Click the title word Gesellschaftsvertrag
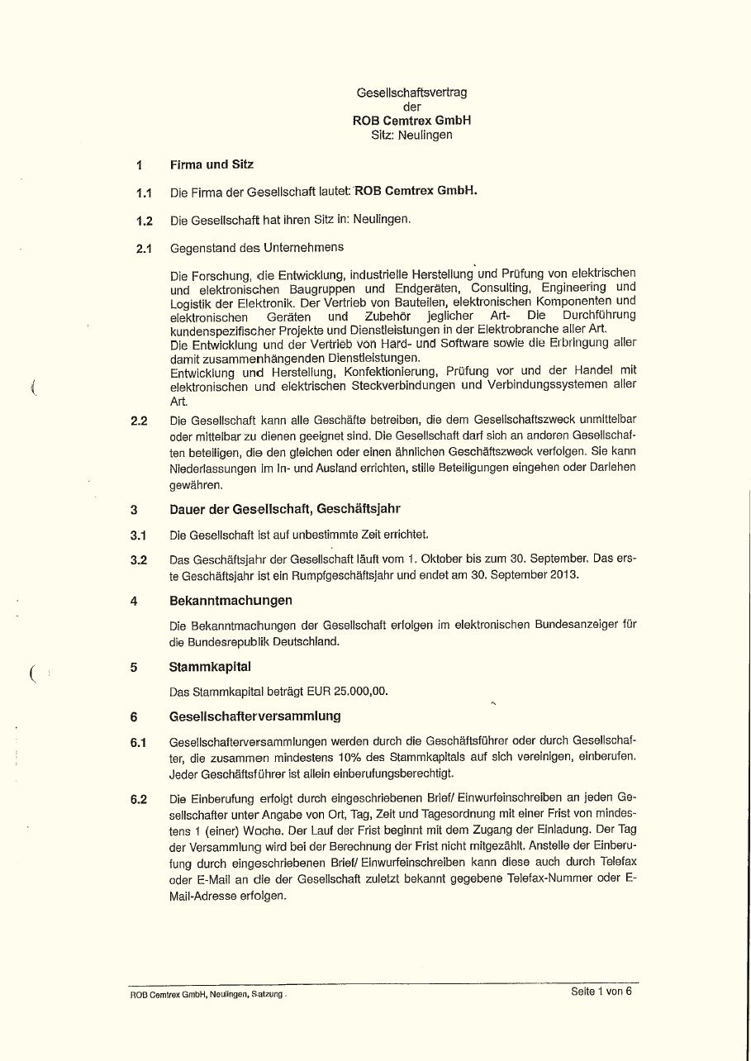tap(411, 93)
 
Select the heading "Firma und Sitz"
tap(212, 164)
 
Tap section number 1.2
tap(145, 221)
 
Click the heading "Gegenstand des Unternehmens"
tap(257, 248)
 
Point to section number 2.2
tap(139, 421)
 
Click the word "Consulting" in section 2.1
tap(500, 288)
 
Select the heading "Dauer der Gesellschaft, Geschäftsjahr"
tap(285, 509)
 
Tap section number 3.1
tap(139, 535)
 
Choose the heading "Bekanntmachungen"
tap(231, 600)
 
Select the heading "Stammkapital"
tap(210, 666)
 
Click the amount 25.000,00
tap(361, 691)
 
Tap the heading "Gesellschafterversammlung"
tap(254, 716)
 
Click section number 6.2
tap(139, 800)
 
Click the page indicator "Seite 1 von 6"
tap(601, 992)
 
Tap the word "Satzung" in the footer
tap(268, 994)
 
